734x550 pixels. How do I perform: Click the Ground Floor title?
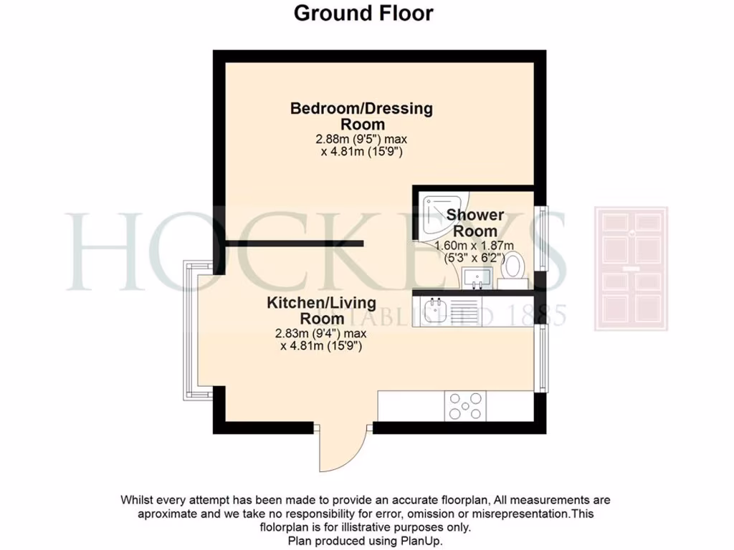363,13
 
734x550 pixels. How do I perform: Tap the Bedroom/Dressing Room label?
361,116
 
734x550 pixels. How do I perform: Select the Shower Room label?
475,223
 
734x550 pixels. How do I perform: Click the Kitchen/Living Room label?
321,310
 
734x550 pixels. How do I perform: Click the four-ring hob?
465,406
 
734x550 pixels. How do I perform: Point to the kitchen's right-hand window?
544,358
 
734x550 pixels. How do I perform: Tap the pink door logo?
631,269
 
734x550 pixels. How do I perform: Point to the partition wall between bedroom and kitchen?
295,243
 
